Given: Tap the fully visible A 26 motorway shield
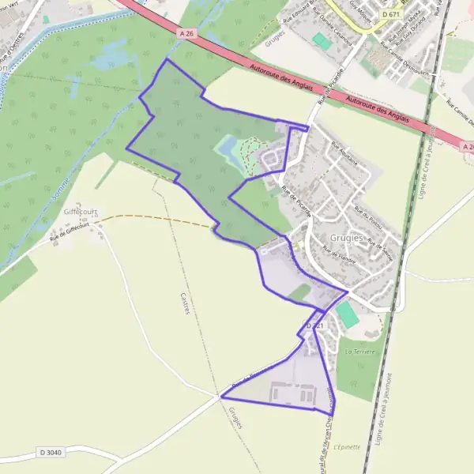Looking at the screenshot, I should tap(186, 34).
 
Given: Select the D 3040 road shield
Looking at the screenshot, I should tap(49, 453).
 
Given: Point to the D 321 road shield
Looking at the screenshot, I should tap(314, 325).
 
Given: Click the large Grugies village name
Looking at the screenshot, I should tap(348, 237).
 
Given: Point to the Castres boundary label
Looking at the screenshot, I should tap(184, 303).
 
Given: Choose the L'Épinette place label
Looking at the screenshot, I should tap(348, 446).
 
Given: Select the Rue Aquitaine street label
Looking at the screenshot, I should tap(344, 152).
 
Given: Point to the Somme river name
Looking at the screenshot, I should tap(66, 197).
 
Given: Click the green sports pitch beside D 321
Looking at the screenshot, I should tap(347, 314).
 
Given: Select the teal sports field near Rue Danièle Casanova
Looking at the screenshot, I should tap(320, 39).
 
